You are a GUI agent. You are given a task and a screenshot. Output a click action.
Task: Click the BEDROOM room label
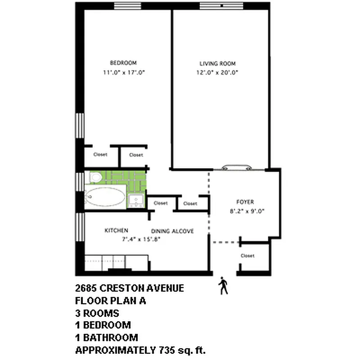pos(123,63)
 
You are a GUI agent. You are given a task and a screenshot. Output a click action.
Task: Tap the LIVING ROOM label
pos(218,63)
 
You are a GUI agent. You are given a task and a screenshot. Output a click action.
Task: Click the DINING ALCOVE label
pos(172,231)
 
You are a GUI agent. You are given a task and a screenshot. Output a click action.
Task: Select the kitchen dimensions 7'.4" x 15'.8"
pos(141,239)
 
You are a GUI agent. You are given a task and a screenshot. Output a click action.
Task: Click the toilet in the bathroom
pos(95,178)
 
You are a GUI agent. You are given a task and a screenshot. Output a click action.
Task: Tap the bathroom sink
pos(136,200)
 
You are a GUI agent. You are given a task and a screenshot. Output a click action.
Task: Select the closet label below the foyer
pos(247,256)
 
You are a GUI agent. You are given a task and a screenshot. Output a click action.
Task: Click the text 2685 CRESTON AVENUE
pos(129,288)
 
